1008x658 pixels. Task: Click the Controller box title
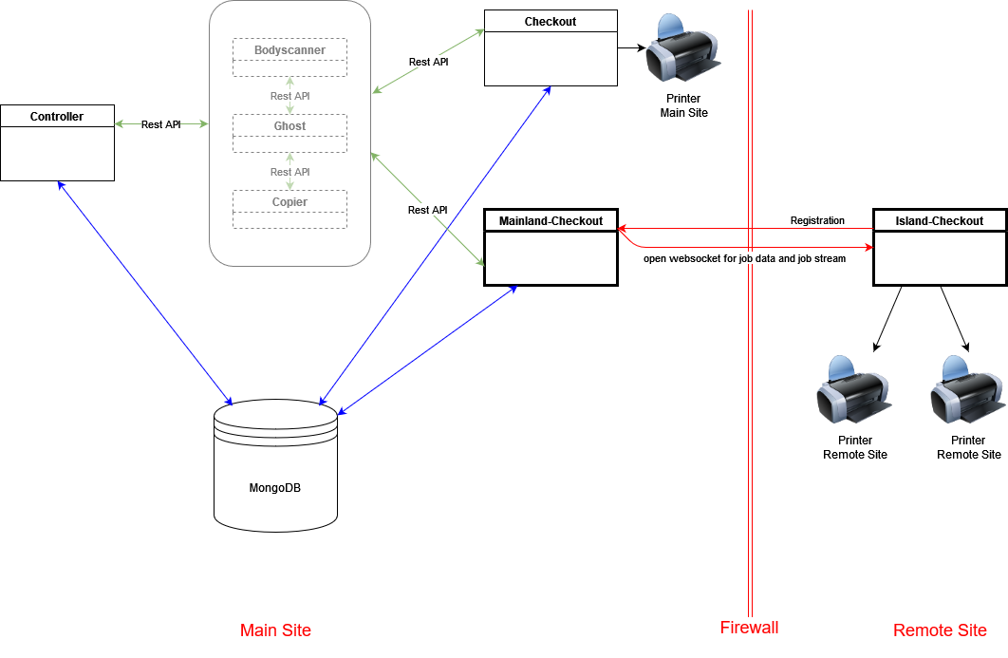[x=57, y=117]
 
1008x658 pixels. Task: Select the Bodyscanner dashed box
[x=289, y=58]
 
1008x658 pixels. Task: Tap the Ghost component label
[x=289, y=126]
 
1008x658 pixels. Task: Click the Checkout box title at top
[x=551, y=22]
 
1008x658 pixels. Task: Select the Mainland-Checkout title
[x=551, y=221]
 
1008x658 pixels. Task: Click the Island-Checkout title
[x=940, y=221]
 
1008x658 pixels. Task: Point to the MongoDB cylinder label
[x=275, y=488]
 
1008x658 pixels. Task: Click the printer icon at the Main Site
[x=681, y=51]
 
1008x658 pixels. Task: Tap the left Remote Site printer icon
[x=853, y=391]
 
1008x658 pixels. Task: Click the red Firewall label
[x=749, y=628]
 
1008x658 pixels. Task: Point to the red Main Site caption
[x=275, y=630]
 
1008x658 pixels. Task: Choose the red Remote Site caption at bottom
[x=940, y=630]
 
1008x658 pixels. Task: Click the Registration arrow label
[x=817, y=220]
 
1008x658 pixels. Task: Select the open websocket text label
[x=744, y=257]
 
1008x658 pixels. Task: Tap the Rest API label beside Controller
[x=160, y=124]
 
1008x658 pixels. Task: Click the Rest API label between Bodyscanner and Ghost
[x=289, y=96]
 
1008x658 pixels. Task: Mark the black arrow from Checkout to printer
[x=631, y=47]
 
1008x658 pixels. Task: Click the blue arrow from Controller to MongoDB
[x=145, y=292]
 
